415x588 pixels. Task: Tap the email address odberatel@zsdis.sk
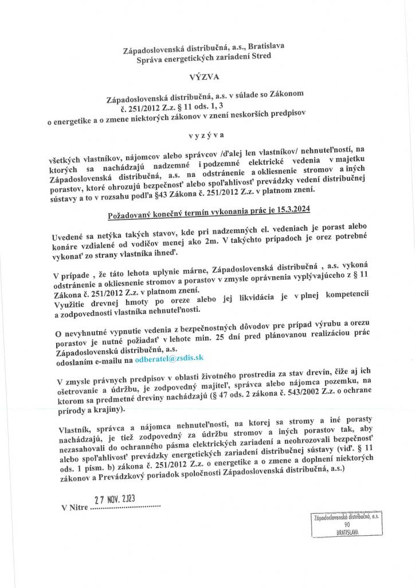(170, 358)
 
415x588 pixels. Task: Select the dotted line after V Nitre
(126, 508)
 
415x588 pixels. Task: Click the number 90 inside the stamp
(347, 525)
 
